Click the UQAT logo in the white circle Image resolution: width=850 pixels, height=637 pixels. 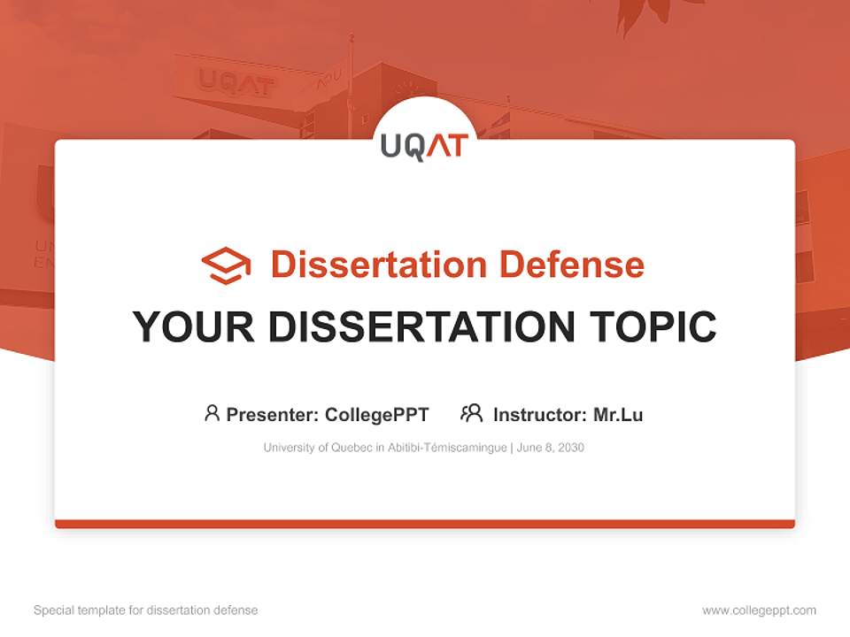424,146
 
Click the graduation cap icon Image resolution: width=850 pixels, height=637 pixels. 226,265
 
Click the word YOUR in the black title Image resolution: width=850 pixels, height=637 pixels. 193,326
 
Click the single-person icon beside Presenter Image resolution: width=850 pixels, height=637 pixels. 212,413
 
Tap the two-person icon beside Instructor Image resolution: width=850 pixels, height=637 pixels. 471,413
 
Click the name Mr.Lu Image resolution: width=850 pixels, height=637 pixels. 618,414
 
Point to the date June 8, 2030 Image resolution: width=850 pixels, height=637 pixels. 550,448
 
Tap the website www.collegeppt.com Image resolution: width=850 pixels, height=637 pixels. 759,610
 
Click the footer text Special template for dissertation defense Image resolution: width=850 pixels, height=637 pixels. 145,610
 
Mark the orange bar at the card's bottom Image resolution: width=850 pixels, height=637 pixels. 425,524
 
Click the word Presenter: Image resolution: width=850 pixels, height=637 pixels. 273,414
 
